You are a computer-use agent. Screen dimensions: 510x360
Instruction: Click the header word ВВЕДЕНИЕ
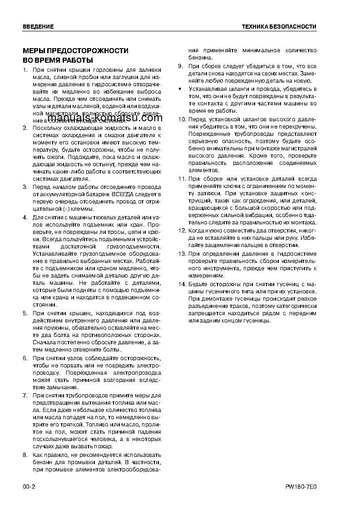tap(38, 27)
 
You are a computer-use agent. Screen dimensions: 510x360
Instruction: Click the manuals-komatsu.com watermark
tap(104, 119)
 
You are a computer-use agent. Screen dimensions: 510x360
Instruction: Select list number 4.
tap(25, 218)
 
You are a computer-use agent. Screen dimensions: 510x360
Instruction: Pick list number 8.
tap(25, 455)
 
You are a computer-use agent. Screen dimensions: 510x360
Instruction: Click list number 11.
tap(182, 179)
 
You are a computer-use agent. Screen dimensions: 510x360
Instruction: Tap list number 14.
tap(182, 284)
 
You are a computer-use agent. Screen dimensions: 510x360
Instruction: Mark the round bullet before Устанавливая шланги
tap(180, 89)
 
